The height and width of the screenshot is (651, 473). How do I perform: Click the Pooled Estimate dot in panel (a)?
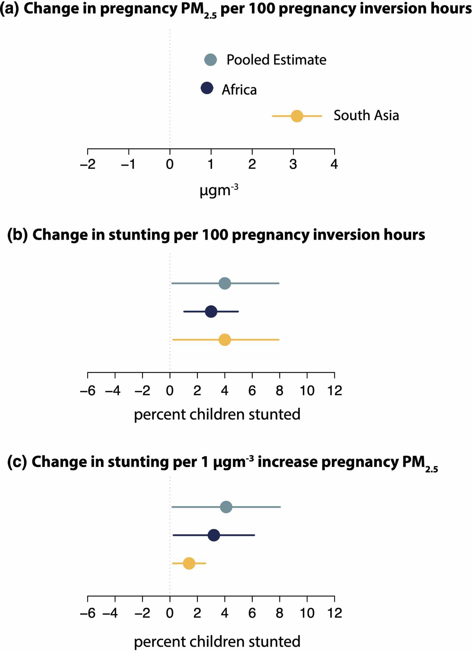click(x=210, y=60)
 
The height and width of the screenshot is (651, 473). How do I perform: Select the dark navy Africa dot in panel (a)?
click(x=207, y=88)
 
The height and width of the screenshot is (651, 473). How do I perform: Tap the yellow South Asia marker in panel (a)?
click(x=297, y=116)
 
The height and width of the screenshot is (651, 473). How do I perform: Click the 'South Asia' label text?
click(x=366, y=116)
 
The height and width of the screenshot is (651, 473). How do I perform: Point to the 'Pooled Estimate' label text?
click(x=276, y=60)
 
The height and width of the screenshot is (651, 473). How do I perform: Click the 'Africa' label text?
click(x=239, y=90)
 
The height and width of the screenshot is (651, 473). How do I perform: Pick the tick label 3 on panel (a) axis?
click(x=293, y=164)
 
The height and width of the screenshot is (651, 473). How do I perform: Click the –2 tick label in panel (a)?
click(x=88, y=164)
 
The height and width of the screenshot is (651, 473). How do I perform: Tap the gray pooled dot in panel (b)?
click(x=225, y=284)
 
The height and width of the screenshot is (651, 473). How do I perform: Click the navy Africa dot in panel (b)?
click(x=211, y=312)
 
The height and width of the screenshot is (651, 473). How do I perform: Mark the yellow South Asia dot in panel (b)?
click(x=225, y=340)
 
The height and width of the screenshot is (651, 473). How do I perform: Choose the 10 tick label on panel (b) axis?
click(x=307, y=391)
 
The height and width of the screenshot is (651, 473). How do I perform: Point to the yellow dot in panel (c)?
click(x=189, y=564)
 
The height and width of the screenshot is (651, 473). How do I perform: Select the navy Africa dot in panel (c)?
click(x=214, y=535)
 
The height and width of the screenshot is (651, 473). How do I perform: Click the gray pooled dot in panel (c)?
click(x=226, y=507)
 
